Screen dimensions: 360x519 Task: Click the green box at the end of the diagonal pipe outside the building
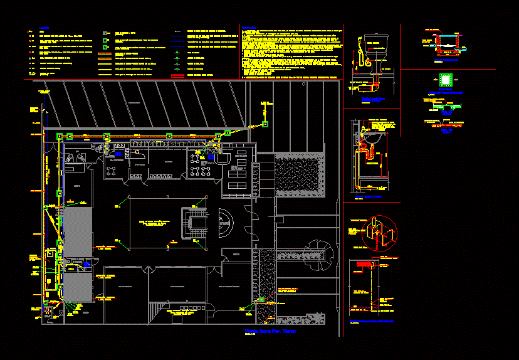265,124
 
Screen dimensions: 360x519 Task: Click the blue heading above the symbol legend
44,28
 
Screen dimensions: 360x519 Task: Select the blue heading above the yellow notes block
249,28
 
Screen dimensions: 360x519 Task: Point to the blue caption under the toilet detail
373,100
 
